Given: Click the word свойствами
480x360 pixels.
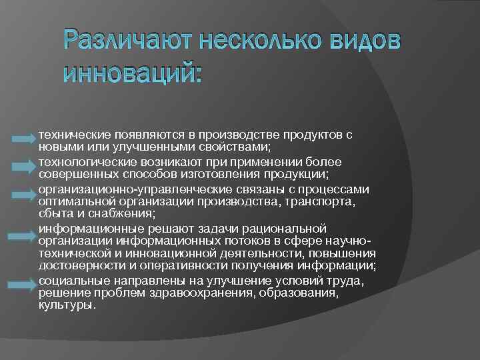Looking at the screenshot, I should point(239,145).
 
